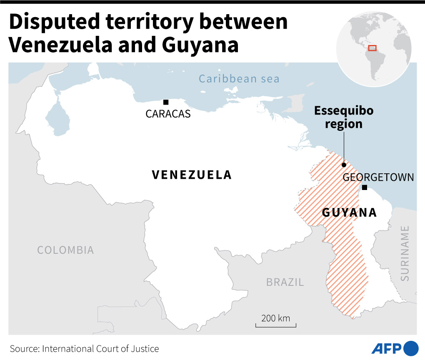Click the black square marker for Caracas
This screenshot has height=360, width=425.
pyautogui.click(x=166, y=102)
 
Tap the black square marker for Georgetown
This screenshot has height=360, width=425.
pyautogui.click(x=364, y=187)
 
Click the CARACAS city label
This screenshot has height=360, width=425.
pyautogui.click(x=168, y=114)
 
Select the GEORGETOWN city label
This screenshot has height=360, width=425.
pyautogui.click(x=378, y=177)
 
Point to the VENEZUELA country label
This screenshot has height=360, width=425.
pyautogui.click(x=192, y=175)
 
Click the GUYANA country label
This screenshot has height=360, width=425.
pyautogui.click(x=350, y=213)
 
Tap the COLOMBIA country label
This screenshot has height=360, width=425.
pyautogui.click(x=65, y=250)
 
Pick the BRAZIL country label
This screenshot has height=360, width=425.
pyautogui.click(x=285, y=282)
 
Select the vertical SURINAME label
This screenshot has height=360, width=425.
pyautogui.click(x=405, y=253)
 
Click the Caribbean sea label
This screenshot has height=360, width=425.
pyautogui.click(x=239, y=79)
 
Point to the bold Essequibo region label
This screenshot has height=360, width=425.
pyautogui.click(x=344, y=117)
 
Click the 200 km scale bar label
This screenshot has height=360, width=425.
pyautogui.click(x=275, y=318)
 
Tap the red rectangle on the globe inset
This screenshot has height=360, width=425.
pyautogui.click(x=372, y=48)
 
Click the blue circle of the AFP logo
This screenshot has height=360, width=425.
pyautogui.click(x=411, y=348)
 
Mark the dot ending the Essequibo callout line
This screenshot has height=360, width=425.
pyautogui.click(x=344, y=165)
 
